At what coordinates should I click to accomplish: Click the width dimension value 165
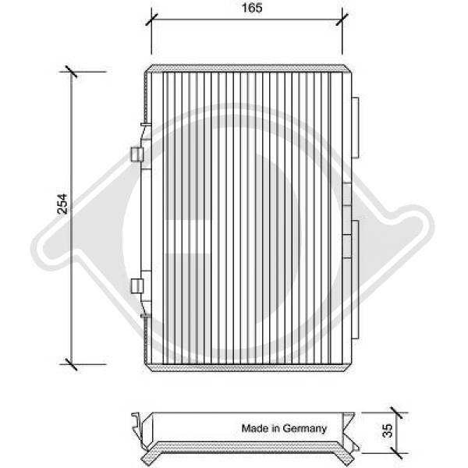pyautogui.click(x=246, y=8)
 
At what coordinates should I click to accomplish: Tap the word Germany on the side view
pyautogui.click(x=307, y=428)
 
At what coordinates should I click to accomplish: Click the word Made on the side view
pyautogui.click(x=253, y=428)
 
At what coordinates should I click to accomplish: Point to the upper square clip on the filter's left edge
pyautogui.click(x=137, y=155)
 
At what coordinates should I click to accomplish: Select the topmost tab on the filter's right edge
pyautogui.click(x=356, y=127)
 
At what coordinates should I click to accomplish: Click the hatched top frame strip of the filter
pyautogui.click(x=246, y=69)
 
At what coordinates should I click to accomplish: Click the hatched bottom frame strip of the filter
pyautogui.click(x=246, y=367)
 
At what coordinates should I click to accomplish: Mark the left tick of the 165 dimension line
pyautogui.click(x=151, y=19)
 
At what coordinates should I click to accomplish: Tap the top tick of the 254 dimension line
pyautogui.click(x=73, y=72)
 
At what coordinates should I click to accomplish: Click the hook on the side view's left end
pyautogui.click(x=139, y=424)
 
